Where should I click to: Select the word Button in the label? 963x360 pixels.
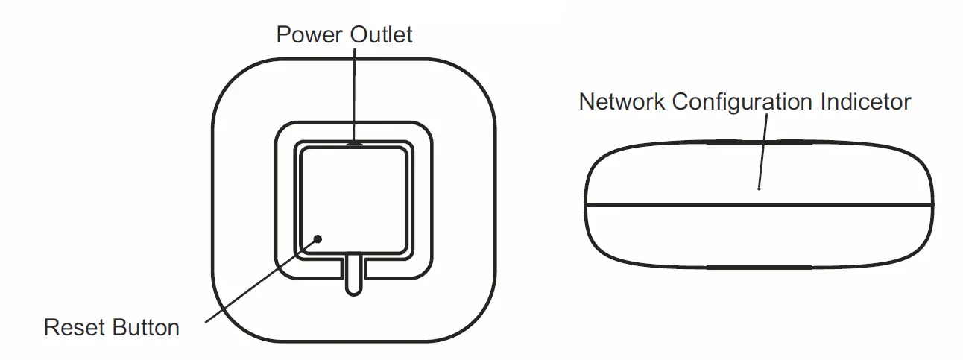146,327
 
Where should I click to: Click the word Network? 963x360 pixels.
622,101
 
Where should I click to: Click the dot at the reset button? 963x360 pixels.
318,239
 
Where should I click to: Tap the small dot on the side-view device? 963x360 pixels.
759,189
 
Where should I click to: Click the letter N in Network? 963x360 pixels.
587,101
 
